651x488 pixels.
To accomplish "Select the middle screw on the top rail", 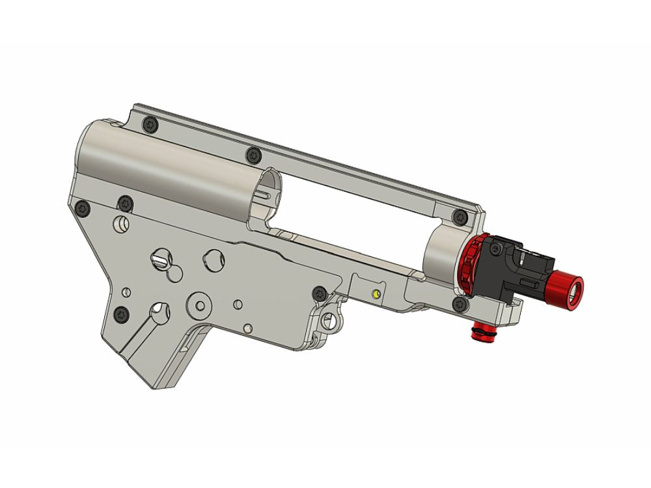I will click(x=253, y=155).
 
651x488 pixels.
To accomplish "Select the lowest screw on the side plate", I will click(x=122, y=314).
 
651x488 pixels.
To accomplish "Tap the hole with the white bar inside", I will click(x=159, y=258).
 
